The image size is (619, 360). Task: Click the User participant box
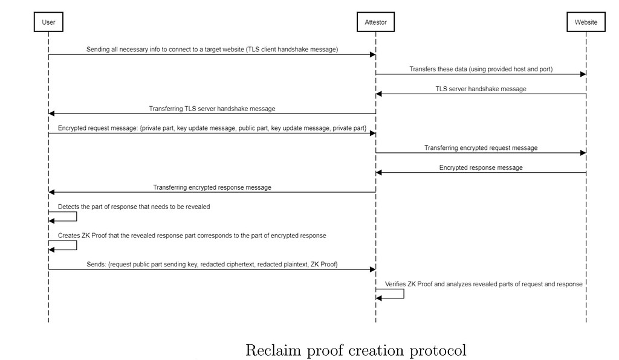pos(48,22)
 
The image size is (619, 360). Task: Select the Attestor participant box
pos(375,22)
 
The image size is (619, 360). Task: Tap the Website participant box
pos(586,22)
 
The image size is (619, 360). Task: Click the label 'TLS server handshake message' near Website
pos(481,89)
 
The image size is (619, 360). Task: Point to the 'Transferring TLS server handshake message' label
pos(212,109)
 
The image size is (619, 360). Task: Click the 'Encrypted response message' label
pos(481,167)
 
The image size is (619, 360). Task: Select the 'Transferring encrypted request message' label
pos(481,148)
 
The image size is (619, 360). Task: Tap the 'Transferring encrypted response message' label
pos(212,187)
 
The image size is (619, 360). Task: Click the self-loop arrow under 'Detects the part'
pos(63,216)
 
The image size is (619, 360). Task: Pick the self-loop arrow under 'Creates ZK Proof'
pos(63,245)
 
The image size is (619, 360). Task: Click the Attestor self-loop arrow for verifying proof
pos(390,294)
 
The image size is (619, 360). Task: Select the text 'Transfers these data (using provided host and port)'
pos(481,69)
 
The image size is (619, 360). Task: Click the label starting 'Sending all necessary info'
pos(212,50)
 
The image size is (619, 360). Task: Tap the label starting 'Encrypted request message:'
pos(212,129)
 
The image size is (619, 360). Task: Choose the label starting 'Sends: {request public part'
pos(212,265)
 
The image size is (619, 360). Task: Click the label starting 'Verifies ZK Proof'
pos(484,284)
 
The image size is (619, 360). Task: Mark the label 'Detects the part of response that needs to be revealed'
pos(134,207)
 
